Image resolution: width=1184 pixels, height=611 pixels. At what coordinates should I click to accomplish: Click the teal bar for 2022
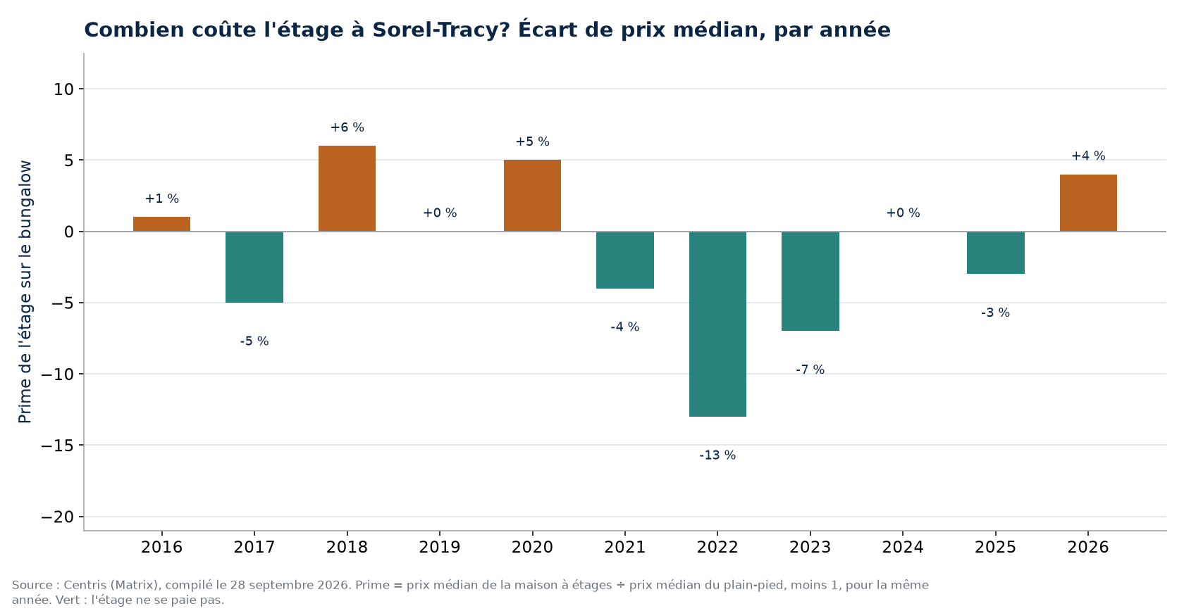click(x=717, y=324)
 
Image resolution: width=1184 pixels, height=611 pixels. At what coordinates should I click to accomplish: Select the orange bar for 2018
click(x=347, y=189)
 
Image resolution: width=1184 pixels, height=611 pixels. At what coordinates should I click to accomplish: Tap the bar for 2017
click(x=254, y=267)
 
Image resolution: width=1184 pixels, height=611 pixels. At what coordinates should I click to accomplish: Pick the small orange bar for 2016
click(x=162, y=224)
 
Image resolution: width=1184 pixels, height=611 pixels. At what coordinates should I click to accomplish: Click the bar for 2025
click(x=995, y=253)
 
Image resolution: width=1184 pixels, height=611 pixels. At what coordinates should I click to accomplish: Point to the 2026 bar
click(x=1088, y=203)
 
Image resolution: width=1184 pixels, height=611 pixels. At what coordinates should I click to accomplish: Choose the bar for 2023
click(x=810, y=281)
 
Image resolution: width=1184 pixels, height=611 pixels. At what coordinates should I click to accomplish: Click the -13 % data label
click(x=717, y=455)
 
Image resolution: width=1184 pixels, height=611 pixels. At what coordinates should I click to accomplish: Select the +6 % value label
click(x=347, y=127)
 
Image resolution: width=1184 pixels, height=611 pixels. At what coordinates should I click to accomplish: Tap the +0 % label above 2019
click(x=440, y=213)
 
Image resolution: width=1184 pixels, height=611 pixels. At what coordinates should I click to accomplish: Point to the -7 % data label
click(x=810, y=370)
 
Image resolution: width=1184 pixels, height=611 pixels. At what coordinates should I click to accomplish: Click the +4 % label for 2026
click(x=1088, y=156)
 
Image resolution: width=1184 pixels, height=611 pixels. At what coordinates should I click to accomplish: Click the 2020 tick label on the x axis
click(x=532, y=547)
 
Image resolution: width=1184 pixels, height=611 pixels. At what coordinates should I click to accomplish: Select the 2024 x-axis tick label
click(x=903, y=547)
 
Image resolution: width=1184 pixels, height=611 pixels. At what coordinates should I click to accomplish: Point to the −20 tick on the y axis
click(x=58, y=517)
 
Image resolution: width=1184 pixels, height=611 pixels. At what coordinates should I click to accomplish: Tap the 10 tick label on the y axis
click(x=64, y=89)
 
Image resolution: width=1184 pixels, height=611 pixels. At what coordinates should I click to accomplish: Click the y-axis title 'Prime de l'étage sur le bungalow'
click(x=25, y=291)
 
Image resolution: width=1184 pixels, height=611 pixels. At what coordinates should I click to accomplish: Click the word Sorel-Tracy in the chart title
click(x=440, y=30)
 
